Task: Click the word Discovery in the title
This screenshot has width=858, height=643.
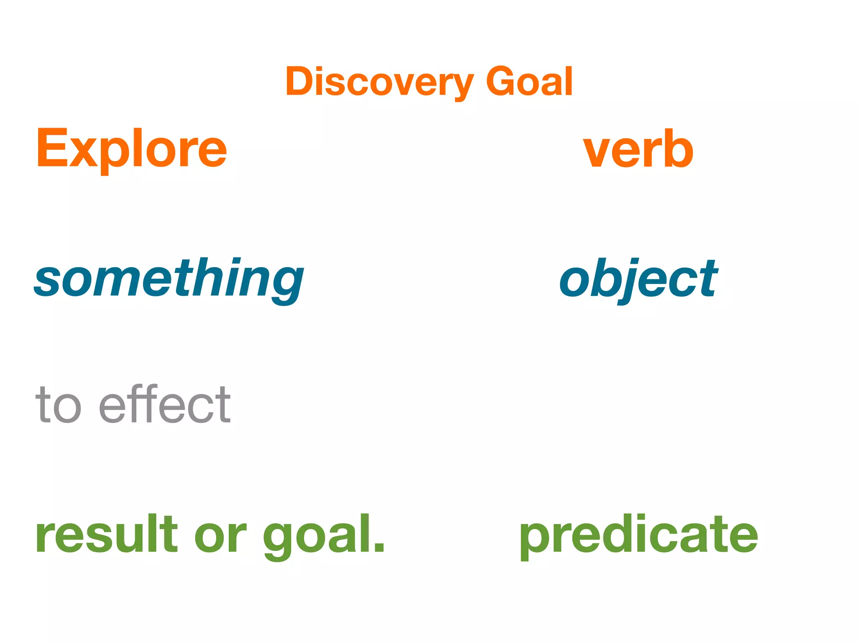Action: point(379,82)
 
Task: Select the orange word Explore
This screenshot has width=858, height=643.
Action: point(132,149)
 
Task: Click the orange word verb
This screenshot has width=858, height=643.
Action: point(638,149)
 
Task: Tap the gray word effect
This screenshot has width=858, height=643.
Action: point(165,404)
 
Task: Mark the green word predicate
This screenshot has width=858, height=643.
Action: point(638,535)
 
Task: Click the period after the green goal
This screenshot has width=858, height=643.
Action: point(379,547)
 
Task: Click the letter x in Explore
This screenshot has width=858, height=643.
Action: point(85,153)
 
